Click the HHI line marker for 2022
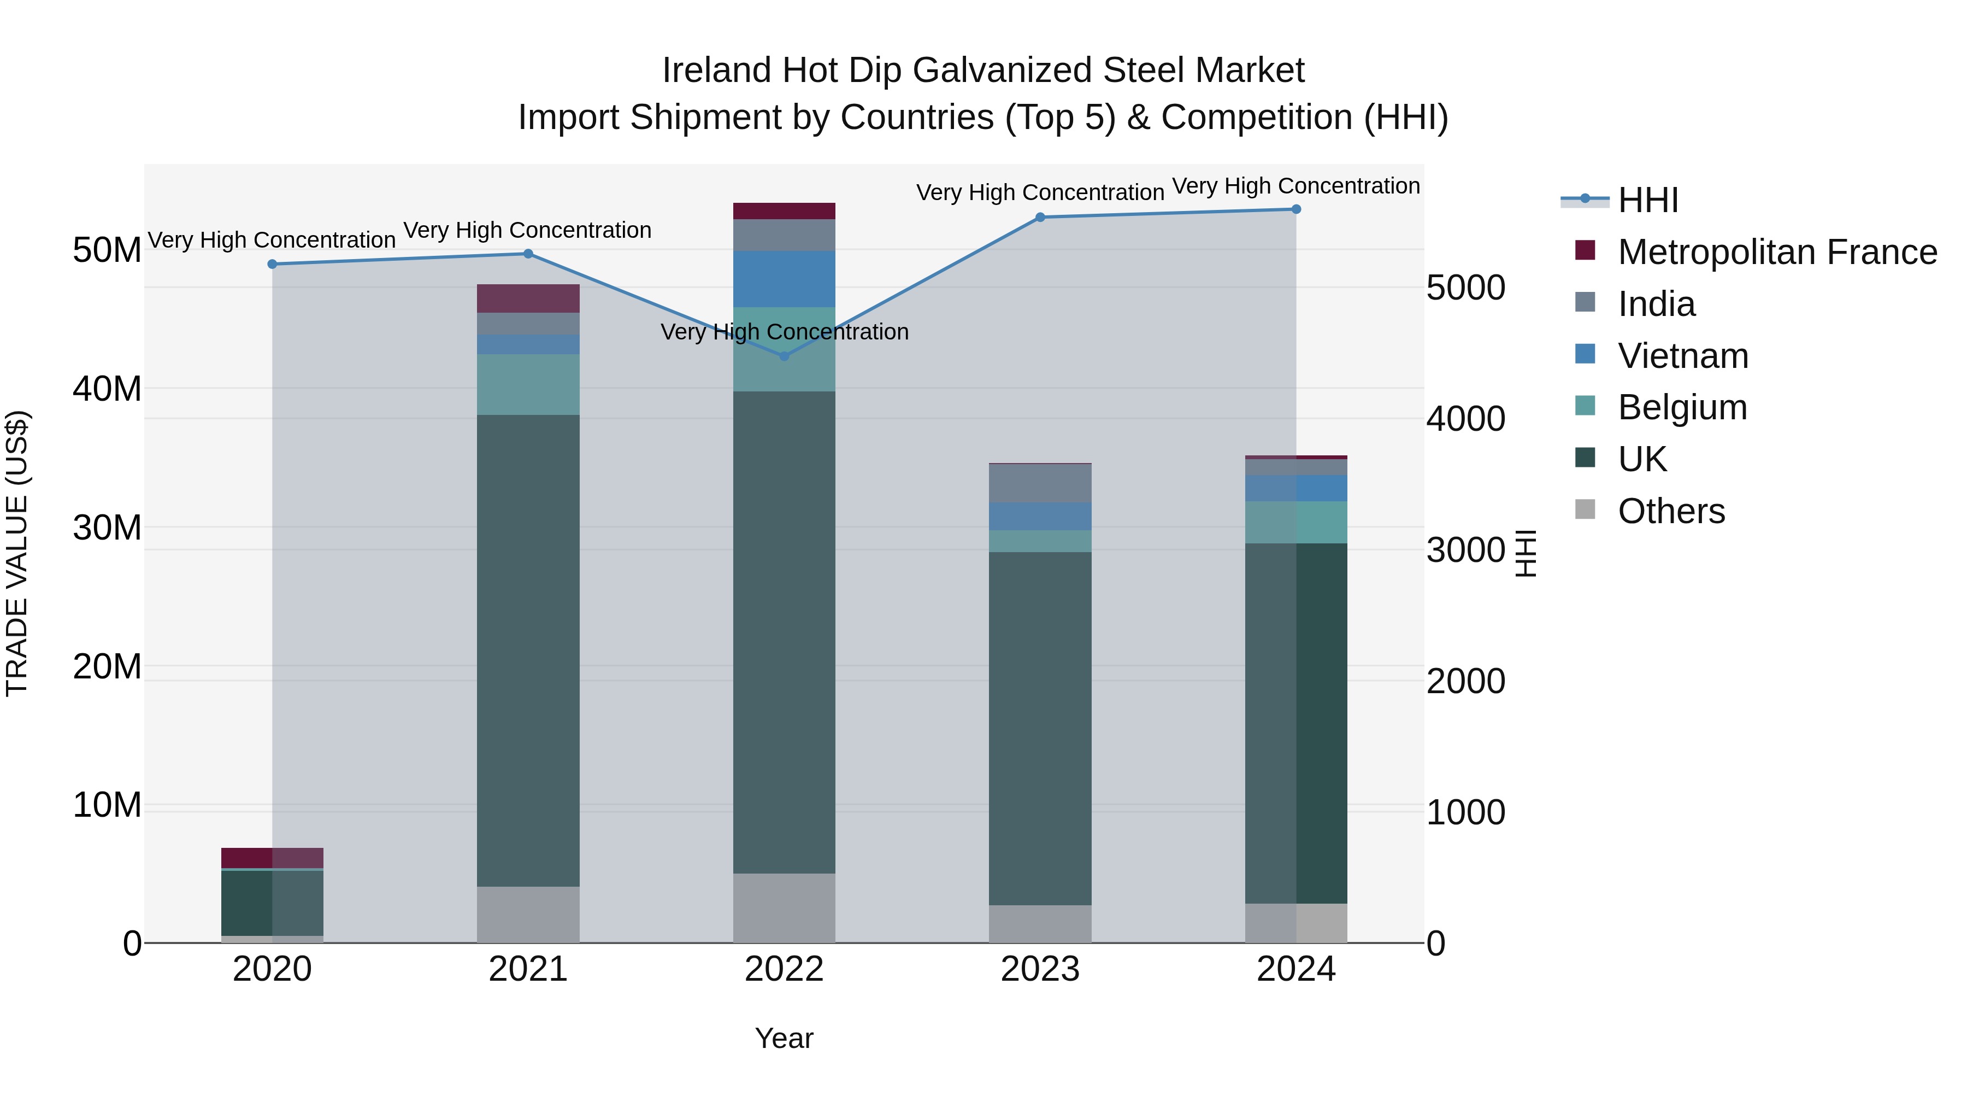coord(784,356)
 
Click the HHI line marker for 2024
coord(1296,209)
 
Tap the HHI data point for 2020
coord(273,265)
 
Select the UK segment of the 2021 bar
coord(528,649)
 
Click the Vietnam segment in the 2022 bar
coord(784,279)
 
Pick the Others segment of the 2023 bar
coord(1040,924)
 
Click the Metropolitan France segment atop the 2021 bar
coord(528,298)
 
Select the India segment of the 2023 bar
coord(1040,483)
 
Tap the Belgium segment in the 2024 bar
coord(1296,523)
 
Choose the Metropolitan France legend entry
coord(1776,252)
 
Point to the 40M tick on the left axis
coord(107,389)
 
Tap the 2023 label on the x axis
coord(1040,969)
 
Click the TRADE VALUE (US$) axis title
coord(17,553)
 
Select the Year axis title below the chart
coord(784,1038)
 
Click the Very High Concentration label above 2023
coord(1040,192)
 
